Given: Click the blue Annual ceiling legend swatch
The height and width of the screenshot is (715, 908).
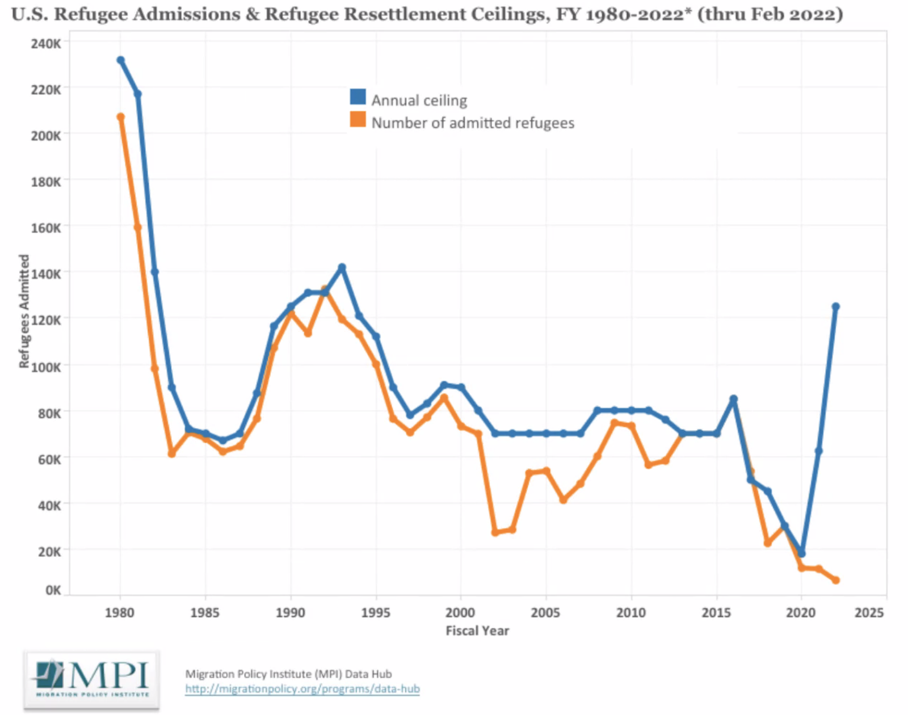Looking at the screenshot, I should (358, 97).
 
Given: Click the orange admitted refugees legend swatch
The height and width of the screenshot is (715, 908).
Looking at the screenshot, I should (358, 120).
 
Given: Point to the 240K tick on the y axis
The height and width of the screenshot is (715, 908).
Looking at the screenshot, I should (47, 43).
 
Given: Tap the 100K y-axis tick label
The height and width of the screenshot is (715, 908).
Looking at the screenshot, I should (46, 367).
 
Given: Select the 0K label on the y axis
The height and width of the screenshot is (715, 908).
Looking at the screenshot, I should (53, 590).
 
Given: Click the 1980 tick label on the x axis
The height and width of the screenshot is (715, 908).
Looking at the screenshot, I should (120, 613).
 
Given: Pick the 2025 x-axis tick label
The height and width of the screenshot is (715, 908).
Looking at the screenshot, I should (869, 613).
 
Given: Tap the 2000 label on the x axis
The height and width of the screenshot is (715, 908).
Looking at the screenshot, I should (460, 613).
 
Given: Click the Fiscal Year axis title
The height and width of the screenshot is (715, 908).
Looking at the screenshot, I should (477, 630).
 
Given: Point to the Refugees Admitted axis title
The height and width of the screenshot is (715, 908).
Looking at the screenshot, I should (24, 311).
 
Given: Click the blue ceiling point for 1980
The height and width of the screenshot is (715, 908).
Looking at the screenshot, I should (120, 60).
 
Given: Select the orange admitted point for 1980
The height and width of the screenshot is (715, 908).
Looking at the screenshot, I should (120, 117).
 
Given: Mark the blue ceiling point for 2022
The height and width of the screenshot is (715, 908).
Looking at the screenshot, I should (835, 306).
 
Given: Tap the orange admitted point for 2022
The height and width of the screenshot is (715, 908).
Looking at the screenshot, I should (835, 580).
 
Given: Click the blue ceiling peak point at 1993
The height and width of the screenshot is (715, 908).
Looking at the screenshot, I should (342, 267).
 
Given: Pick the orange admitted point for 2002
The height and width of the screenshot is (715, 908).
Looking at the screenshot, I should (495, 532).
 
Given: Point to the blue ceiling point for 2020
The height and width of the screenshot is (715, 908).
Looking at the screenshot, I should (801, 553).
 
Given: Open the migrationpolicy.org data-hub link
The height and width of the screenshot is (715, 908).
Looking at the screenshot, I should (302, 689).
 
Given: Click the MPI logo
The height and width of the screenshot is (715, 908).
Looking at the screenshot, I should (91, 679).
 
